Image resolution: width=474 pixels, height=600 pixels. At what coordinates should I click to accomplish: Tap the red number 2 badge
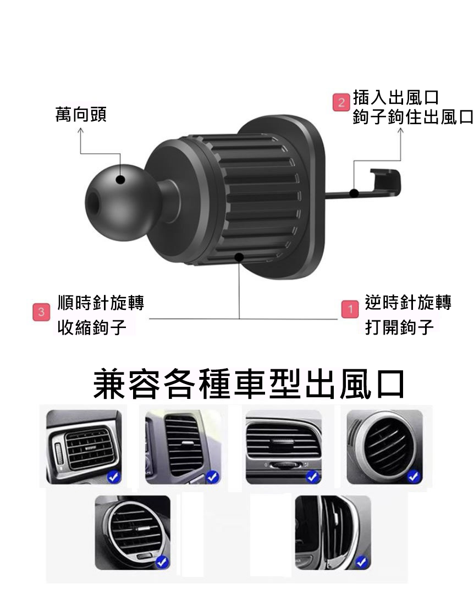[x=341, y=103]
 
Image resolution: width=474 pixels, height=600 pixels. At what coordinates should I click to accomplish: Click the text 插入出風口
[x=395, y=98]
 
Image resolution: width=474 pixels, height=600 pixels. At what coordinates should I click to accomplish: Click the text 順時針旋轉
[x=101, y=303]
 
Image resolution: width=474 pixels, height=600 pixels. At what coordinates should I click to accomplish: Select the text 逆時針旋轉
[x=408, y=302]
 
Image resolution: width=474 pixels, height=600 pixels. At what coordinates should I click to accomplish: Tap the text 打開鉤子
[x=399, y=327]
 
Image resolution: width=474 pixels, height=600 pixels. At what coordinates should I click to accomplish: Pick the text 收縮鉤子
[x=92, y=327]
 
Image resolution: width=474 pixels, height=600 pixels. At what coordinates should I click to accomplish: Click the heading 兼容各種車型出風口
[x=249, y=384]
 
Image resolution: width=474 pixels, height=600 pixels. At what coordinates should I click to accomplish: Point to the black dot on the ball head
[x=120, y=179]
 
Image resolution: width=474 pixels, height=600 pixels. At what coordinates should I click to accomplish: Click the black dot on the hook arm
[x=355, y=193]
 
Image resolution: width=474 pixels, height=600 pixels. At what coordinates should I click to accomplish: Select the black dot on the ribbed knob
[x=239, y=257]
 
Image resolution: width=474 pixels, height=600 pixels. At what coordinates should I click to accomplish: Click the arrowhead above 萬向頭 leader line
[x=80, y=131]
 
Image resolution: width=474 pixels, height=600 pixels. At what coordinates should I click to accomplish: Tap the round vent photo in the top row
[x=384, y=446]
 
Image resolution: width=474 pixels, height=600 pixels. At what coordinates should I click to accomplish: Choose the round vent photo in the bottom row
[x=133, y=532]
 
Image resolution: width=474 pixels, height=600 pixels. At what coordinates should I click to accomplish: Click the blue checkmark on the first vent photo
[x=114, y=477]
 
